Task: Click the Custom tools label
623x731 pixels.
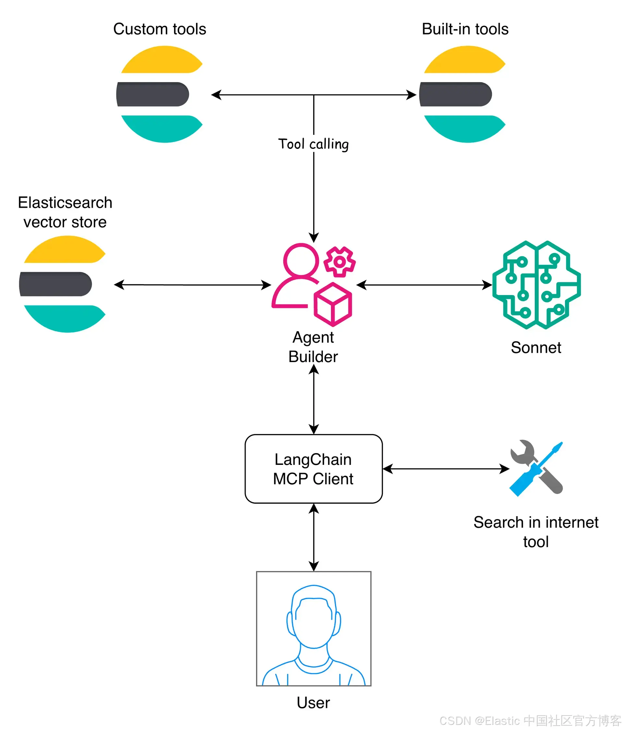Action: (160, 29)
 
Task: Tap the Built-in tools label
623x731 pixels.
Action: (465, 29)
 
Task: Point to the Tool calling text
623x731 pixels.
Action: (313, 144)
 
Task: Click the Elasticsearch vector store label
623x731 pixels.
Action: (65, 212)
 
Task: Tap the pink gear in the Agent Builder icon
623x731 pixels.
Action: (339, 262)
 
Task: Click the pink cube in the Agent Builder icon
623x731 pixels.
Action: (333, 304)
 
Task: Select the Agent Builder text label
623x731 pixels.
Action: (313, 347)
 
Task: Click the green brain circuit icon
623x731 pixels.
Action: (536, 285)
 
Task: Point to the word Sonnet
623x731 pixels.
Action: (536, 348)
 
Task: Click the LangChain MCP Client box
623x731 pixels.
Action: (313, 469)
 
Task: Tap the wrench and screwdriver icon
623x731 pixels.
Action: (536, 468)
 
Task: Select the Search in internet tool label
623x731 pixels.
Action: (536, 532)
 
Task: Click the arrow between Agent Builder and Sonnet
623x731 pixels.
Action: (424, 285)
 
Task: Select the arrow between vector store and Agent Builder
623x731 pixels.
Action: (192, 285)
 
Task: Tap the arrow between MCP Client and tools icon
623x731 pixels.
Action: (446, 469)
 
